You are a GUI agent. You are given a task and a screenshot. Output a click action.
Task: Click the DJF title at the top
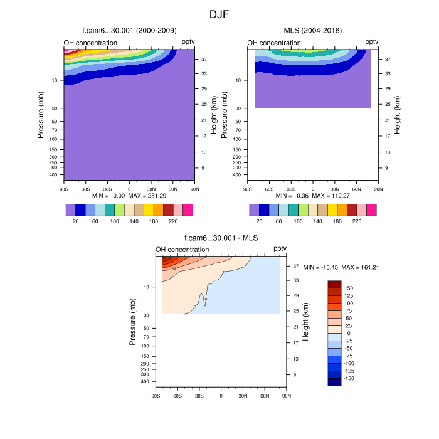(x=219, y=13)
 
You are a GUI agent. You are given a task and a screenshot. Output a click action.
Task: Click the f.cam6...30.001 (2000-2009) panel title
(x=129, y=30)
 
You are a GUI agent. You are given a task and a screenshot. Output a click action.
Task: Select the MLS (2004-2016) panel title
(x=312, y=30)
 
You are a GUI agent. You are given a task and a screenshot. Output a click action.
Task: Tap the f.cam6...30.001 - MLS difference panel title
(x=221, y=238)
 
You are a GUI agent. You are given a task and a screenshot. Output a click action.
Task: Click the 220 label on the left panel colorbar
(x=173, y=221)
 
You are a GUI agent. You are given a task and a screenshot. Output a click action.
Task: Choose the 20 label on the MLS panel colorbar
(x=259, y=221)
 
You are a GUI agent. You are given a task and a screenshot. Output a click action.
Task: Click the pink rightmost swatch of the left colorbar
(x=188, y=209)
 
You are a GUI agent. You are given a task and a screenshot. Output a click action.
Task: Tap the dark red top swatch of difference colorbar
(x=334, y=284)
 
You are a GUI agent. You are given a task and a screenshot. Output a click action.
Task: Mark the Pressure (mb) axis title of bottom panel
(x=133, y=321)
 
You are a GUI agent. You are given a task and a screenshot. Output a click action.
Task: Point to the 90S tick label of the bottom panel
(x=156, y=396)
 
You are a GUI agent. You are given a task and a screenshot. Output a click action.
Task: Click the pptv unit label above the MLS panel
(x=371, y=42)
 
